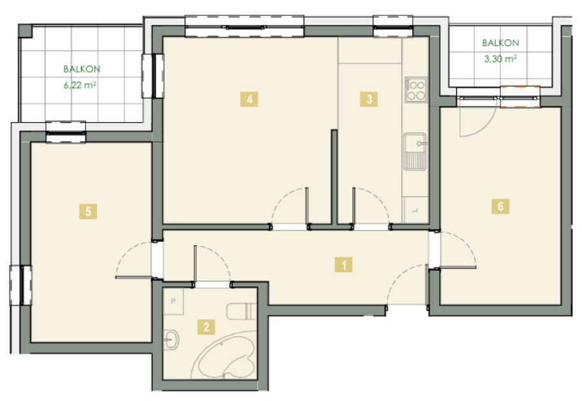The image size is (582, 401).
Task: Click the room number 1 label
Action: coord(343,265)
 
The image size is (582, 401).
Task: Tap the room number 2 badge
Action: coord(206,327)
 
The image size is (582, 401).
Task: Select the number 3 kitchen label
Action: coord(369,99)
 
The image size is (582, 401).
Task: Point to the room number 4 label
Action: coord(249,99)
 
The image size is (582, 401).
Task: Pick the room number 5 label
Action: coord(88,211)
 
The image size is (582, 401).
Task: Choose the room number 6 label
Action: coord(500,206)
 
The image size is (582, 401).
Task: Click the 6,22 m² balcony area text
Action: coord(80,85)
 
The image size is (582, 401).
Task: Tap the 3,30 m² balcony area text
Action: coord(500,59)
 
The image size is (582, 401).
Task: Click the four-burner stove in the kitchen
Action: coord(416,90)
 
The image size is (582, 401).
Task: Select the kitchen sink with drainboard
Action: coord(415,151)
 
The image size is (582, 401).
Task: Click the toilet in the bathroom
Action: coord(241,311)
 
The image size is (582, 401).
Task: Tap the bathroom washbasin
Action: coord(171,339)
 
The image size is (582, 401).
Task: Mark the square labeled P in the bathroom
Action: coord(174,301)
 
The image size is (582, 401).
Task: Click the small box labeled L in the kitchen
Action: coord(415,210)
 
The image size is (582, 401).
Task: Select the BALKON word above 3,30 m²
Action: coord(500,43)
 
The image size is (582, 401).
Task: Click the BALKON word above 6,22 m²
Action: coord(82,69)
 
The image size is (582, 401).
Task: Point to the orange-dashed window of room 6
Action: coord(520,97)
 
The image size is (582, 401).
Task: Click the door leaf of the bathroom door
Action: coord(195,266)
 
